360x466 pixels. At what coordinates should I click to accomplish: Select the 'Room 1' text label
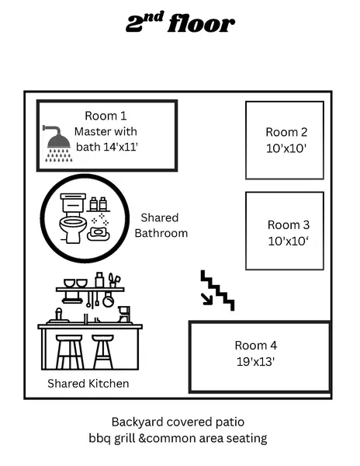click(x=105, y=116)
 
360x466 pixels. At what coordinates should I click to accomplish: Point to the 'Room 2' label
click(x=286, y=132)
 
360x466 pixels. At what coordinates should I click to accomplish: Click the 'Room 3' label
click(x=289, y=224)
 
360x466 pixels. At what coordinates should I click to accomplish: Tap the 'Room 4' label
click(x=256, y=345)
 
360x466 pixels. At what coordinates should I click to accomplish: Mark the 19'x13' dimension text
click(x=256, y=360)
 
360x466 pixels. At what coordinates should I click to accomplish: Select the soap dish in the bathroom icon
click(x=99, y=232)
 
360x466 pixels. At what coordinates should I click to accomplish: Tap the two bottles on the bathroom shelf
click(x=98, y=203)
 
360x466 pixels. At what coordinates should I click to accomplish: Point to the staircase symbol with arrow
click(x=216, y=290)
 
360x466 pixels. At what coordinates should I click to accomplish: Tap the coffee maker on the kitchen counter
click(x=123, y=313)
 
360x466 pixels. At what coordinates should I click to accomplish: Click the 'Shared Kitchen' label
click(x=88, y=384)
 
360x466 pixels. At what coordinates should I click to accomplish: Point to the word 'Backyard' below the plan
click(x=137, y=423)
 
